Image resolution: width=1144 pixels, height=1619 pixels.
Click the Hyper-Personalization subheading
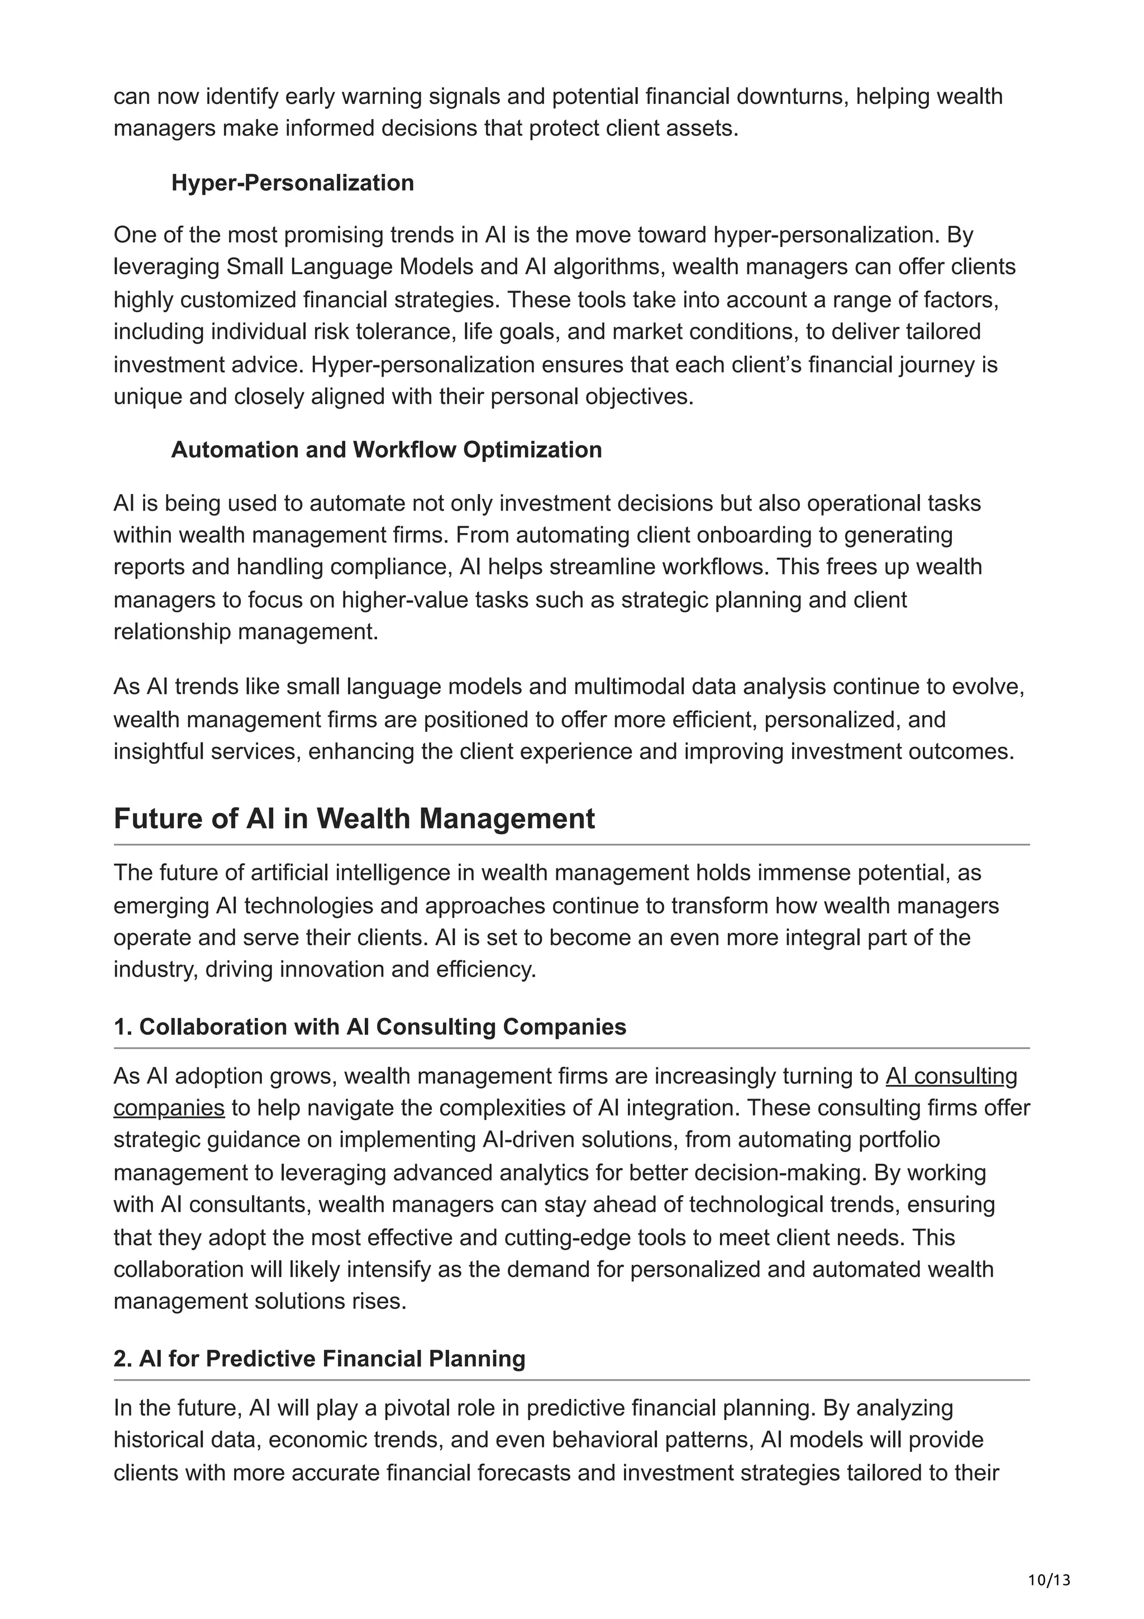293,183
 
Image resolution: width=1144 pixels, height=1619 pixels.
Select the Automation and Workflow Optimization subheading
386,450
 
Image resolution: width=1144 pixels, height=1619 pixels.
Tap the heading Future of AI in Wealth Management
354,818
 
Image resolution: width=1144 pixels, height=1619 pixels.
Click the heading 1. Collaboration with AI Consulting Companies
369,1027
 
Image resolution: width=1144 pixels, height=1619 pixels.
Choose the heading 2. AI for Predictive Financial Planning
320,1358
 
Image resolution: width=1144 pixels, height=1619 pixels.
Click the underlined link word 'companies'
169,1108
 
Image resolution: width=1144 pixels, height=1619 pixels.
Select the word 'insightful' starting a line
159,752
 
